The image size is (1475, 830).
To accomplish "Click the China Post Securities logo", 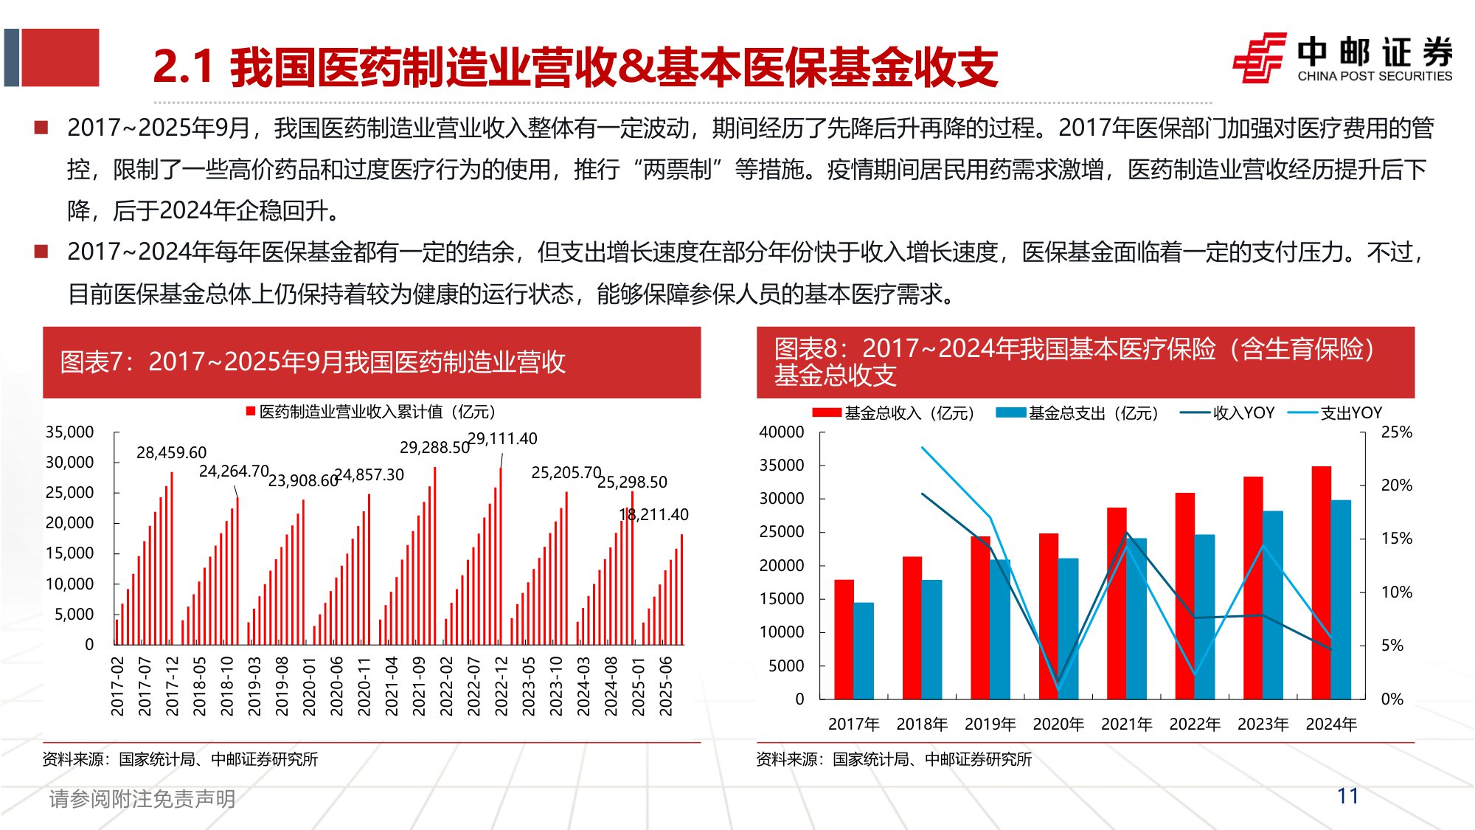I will tap(1342, 58).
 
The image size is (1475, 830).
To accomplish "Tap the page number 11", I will tap(1347, 796).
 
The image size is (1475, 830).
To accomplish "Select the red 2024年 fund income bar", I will tap(1321, 583).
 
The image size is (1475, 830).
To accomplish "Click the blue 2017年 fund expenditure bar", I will tap(864, 651).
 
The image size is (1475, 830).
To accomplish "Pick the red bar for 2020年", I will tap(1048, 616).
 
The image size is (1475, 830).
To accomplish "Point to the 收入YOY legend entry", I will tap(1228, 413).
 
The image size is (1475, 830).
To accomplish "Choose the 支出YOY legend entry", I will tap(1336, 413).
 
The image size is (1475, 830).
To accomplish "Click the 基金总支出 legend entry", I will tap(1077, 413).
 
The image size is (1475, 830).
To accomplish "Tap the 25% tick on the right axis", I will tap(1396, 432).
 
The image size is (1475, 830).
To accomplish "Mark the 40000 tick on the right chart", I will tap(782, 432).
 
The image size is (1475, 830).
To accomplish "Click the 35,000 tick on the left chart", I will tap(70, 432).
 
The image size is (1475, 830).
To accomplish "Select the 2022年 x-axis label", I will tap(1195, 724).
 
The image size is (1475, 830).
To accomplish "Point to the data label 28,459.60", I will tap(171, 452).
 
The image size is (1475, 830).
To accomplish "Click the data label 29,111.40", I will tap(503, 439).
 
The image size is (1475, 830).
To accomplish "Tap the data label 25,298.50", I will tap(632, 483).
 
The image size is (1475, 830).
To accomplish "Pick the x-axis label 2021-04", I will tap(392, 686).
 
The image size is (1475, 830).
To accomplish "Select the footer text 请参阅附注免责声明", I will tap(142, 798).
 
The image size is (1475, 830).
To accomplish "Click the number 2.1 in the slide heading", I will tap(183, 66).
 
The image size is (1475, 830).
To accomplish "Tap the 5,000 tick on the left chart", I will tap(74, 615).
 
